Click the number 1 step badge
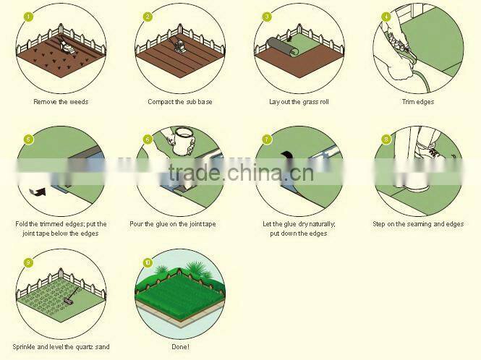[x=29, y=16]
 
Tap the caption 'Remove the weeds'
[x=61, y=102]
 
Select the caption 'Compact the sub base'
[x=179, y=102]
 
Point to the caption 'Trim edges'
[x=417, y=102]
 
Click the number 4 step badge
[x=386, y=16]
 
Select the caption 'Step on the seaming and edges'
[x=418, y=224]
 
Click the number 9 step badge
[x=29, y=262]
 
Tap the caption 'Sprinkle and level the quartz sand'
[x=61, y=347]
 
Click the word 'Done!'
[x=179, y=347]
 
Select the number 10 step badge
[x=148, y=262]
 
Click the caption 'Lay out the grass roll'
[x=299, y=102]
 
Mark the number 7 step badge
[x=267, y=139]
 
